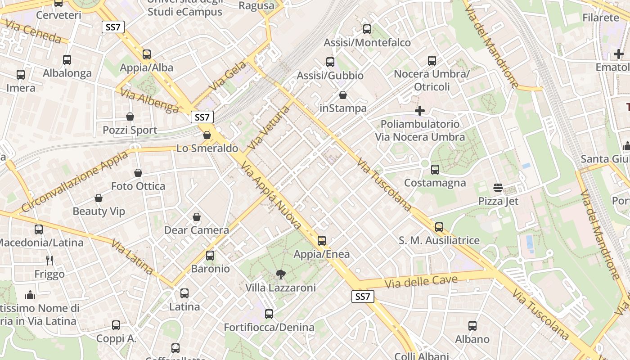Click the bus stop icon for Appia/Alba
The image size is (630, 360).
[147, 54]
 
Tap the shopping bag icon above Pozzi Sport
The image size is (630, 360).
[130, 117]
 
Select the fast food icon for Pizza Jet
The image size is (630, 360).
[498, 187]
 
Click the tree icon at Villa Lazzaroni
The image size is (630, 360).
[281, 274]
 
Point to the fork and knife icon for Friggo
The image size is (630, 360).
[49, 260]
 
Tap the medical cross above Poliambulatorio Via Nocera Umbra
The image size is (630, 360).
[420, 110]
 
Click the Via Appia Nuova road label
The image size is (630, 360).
[271, 197]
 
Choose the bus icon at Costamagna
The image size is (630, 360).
[435, 170]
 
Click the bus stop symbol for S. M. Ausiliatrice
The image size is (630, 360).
[439, 227]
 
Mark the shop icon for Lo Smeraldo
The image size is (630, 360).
[207, 135]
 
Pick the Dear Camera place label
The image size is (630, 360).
[197, 230]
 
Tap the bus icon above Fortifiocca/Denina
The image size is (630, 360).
[269, 314]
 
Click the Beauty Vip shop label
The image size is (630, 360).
[99, 211]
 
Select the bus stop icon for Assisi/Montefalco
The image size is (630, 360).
[367, 29]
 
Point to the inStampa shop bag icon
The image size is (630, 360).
[343, 95]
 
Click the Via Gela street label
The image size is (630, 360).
[229, 75]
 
